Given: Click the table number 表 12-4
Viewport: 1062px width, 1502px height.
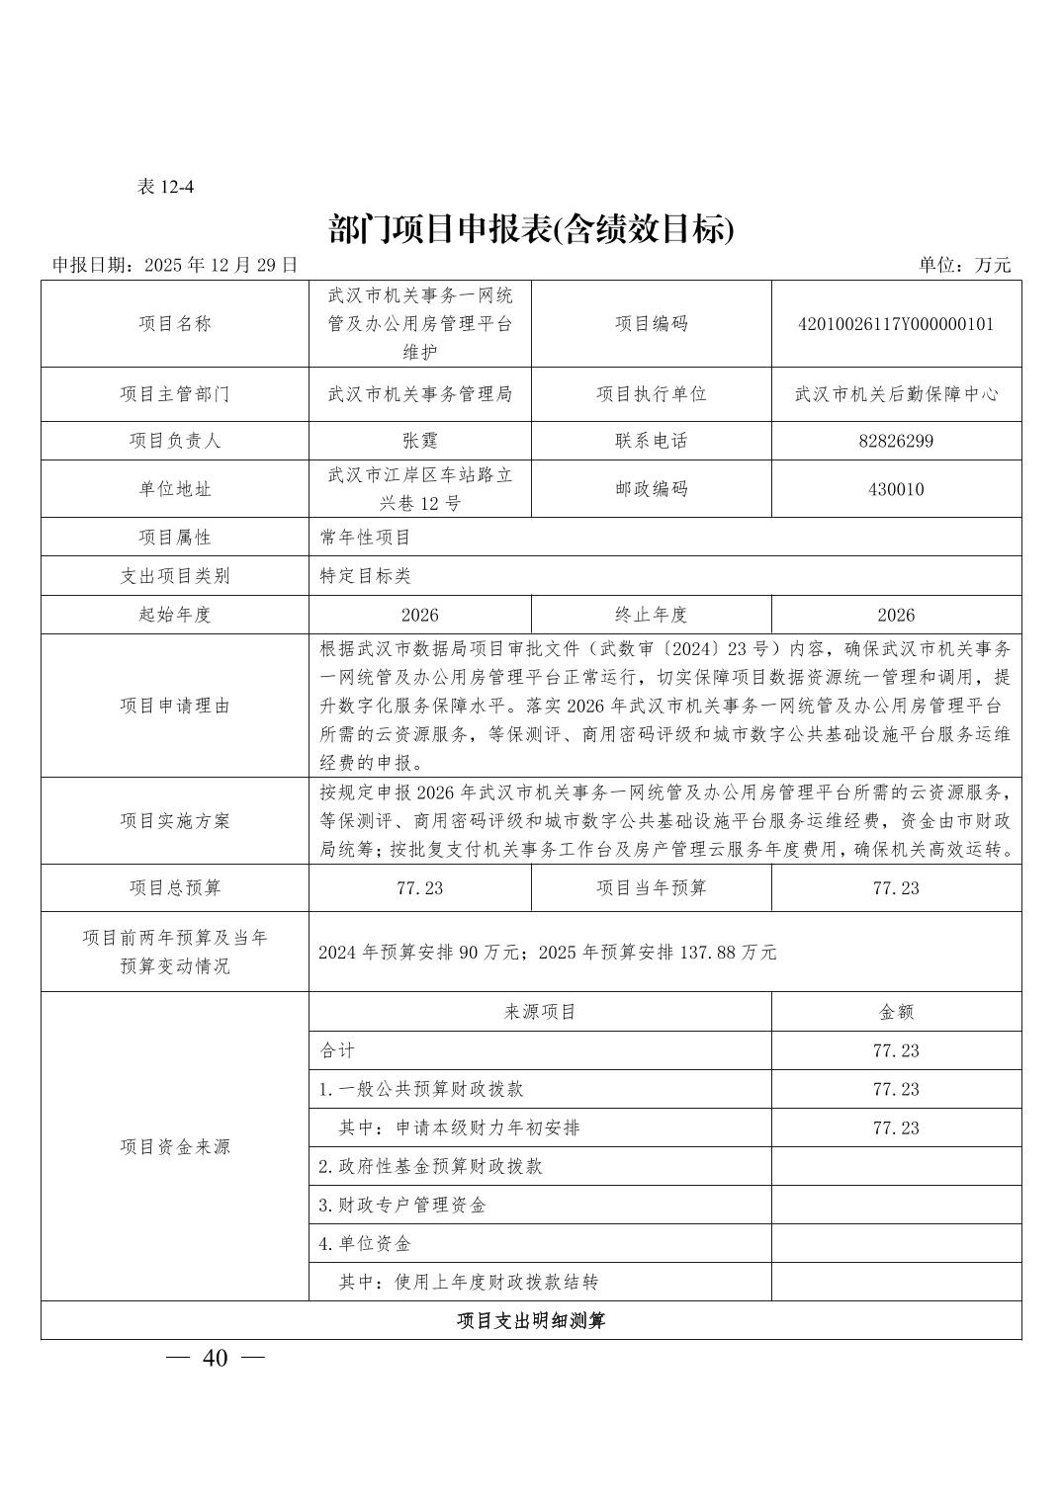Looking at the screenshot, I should tap(165, 186).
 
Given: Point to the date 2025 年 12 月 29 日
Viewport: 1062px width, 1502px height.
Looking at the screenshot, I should tap(221, 265).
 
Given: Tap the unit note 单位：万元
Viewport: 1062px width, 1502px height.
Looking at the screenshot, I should tap(964, 265).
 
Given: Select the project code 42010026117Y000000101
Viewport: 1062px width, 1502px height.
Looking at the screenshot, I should tap(896, 323).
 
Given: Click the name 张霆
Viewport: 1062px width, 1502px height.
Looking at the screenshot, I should tap(419, 441).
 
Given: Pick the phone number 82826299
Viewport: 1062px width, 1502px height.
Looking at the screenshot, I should tap(896, 441).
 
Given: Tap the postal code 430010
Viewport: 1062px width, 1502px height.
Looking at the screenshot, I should tap(896, 488).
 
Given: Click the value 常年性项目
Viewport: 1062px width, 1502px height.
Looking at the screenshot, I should tap(365, 537).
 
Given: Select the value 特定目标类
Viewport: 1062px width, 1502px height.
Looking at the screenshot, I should tap(365, 575).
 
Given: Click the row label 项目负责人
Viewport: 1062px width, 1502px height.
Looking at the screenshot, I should tap(175, 441).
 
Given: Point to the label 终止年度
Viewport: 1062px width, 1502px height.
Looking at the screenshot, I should tap(651, 614).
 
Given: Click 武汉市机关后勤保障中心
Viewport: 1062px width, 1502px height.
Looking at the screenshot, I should tap(896, 393).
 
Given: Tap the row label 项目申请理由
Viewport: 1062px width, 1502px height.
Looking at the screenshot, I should tap(175, 705).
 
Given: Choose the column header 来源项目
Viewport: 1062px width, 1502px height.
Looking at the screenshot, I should tap(540, 1011).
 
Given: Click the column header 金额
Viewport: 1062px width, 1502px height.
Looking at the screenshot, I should tap(896, 1011).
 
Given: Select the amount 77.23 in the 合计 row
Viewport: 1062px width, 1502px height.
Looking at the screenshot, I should tap(896, 1050).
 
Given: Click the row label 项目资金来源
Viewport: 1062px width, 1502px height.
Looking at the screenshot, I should tap(175, 1146).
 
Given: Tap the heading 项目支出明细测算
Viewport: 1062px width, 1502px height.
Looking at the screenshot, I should tap(531, 1320).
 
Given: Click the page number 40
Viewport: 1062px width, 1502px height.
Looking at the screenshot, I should tap(215, 1358).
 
